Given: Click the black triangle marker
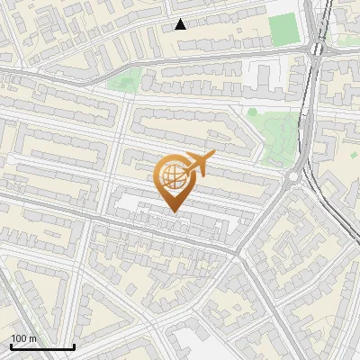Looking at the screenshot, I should point(181,24).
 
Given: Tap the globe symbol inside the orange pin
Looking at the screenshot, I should point(171,175).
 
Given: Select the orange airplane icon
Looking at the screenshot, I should point(198,165).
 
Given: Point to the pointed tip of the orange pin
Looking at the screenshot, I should point(173,211).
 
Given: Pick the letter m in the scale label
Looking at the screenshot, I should point(34,338).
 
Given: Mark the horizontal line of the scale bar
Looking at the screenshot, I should point(42,346).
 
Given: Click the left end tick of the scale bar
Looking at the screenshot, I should point(11,345).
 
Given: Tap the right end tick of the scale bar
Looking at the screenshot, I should point(74,345).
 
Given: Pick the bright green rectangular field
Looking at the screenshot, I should point(283,30).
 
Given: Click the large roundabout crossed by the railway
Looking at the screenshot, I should point(317,49).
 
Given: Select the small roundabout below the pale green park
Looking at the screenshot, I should point(292,177).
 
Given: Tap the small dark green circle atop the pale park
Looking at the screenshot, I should point(253,112).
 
